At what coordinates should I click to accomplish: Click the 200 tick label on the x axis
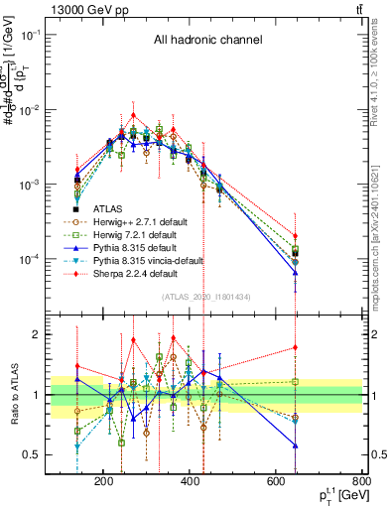[x=103, y=483]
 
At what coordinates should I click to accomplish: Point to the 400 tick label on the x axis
[x=233, y=483]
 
